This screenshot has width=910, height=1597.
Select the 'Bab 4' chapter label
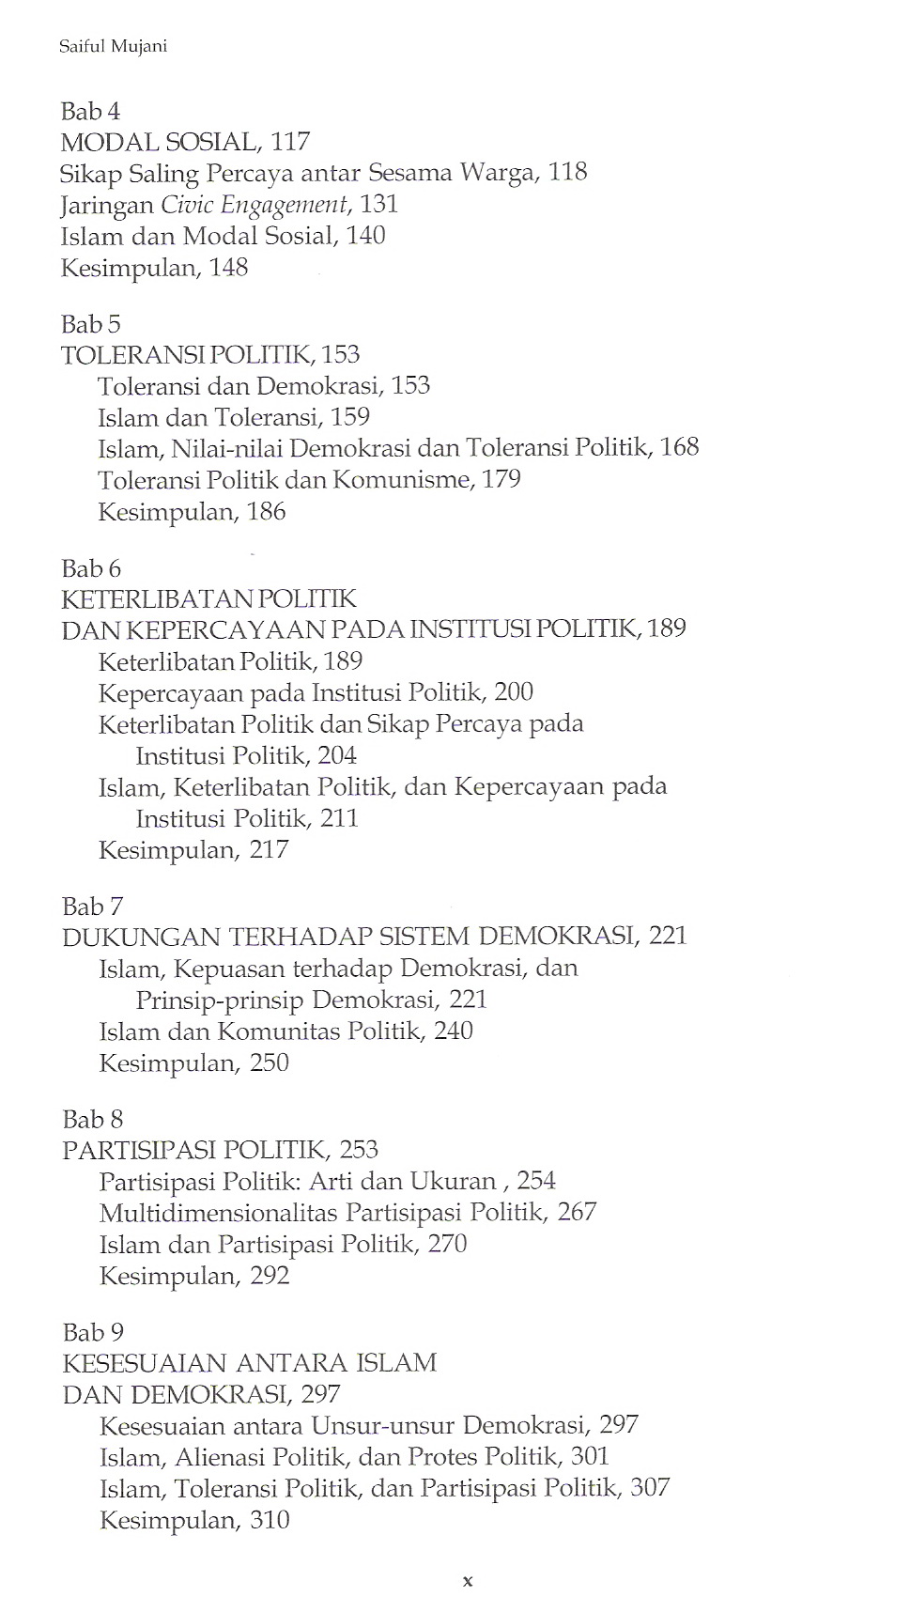tap(90, 112)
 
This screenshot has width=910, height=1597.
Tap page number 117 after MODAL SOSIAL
tap(290, 142)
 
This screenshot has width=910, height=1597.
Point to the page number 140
tap(365, 236)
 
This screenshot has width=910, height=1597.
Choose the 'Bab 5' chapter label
tap(90, 325)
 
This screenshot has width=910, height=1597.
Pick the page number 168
tap(679, 447)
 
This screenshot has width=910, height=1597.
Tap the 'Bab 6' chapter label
tap(91, 569)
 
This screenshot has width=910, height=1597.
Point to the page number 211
tap(339, 819)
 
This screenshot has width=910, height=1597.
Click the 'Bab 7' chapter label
tap(92, 907)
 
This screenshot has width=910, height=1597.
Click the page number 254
tap(535, 1181)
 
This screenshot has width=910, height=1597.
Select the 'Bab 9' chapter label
tap(92, 1333)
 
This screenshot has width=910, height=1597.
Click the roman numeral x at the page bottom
tap(467, 1581)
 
